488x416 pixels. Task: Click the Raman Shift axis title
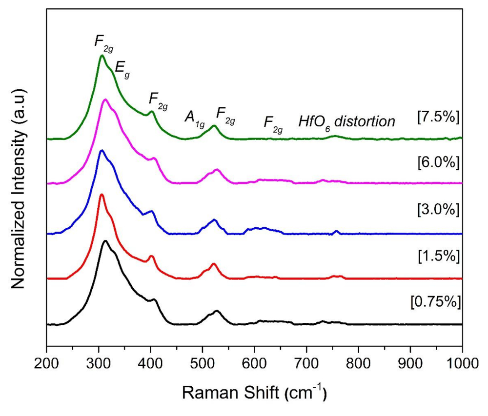pyautogui.click(x=254, y=392)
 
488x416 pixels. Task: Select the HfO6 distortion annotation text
pyautogui.click(x=346, y=121)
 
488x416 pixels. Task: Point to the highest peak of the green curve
pyautogui.click(x=102, y=56)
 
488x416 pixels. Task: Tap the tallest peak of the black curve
pyautogui.click(x=104, y=241)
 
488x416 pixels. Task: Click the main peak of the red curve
pyautogui.click(x=102, y=195)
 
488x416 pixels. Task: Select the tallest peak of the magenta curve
pyautogui.click(x=104, y=99)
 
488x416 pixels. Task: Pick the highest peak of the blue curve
pyautogui.click(x=101, y=150)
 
